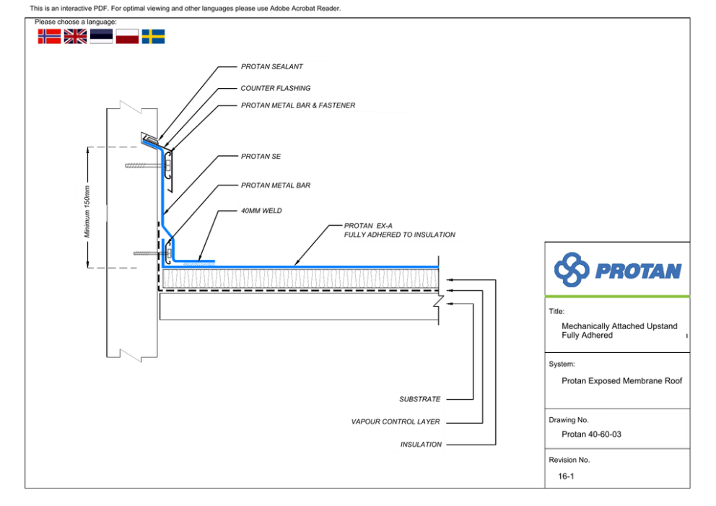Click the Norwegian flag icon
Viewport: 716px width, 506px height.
49,36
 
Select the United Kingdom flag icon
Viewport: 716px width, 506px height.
75,36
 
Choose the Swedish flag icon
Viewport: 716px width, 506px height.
153,36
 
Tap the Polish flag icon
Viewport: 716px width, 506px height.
127,36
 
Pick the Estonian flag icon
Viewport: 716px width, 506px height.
101,36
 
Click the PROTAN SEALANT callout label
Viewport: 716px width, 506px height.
271,66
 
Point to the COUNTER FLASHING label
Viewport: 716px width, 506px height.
275,88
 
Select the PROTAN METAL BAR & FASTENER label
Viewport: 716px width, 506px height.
297,105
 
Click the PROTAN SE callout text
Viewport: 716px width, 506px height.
261,156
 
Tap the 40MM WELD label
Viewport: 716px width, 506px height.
261,211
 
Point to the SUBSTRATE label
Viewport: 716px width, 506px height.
419,399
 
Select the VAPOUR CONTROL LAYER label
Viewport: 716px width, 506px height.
396,422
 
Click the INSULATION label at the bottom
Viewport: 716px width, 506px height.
421,445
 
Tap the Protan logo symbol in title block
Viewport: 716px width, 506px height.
571,270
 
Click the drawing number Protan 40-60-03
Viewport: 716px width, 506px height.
591,435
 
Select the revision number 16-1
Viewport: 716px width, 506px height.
567,476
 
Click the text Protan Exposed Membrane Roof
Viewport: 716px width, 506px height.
621,380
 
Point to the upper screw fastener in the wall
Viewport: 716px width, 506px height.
141,165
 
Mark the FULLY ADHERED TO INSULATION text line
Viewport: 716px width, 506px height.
399,235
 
